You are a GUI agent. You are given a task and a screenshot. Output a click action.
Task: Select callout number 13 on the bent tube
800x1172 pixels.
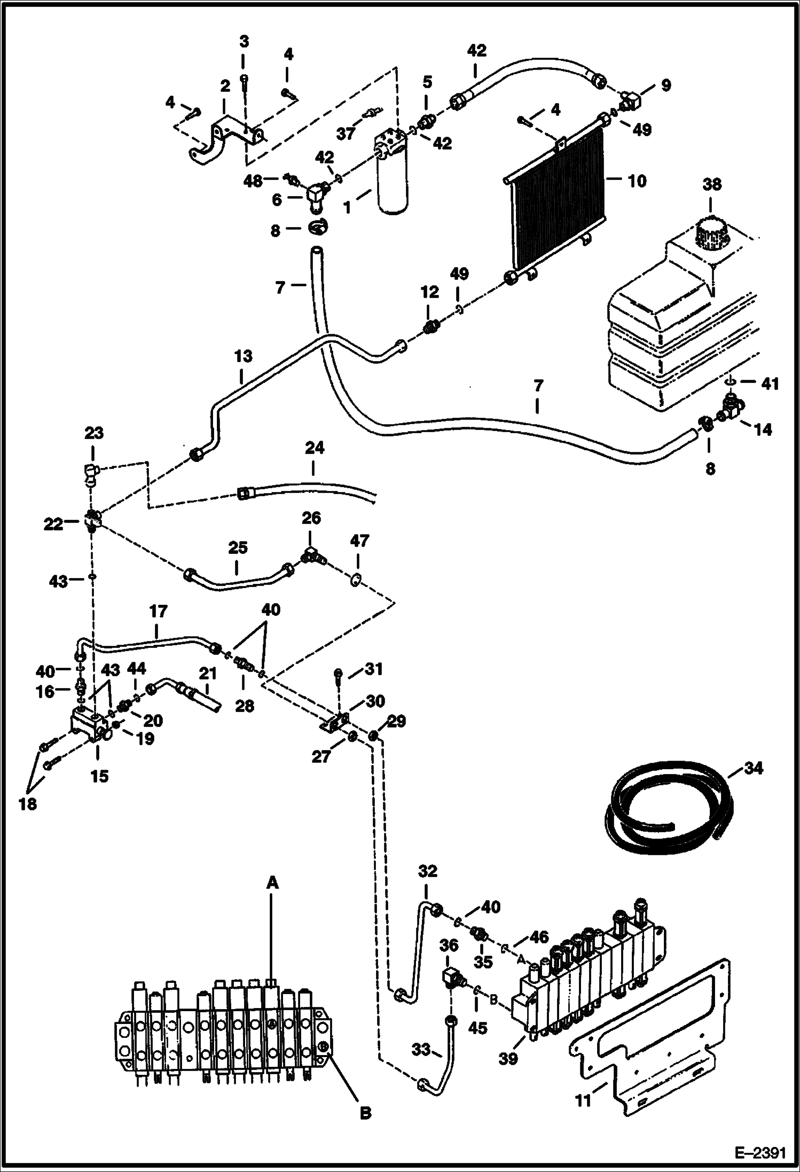243,356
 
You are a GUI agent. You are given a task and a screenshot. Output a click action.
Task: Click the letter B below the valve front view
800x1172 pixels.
365,1113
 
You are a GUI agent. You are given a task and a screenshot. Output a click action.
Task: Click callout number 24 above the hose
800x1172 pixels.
315,448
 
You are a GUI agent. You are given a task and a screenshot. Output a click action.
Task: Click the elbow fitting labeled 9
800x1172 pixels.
630,100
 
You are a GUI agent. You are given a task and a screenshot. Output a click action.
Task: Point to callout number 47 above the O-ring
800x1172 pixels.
359,541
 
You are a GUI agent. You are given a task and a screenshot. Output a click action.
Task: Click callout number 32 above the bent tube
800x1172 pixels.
428,871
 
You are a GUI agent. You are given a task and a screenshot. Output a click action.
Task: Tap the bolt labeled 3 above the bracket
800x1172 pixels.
244,80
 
